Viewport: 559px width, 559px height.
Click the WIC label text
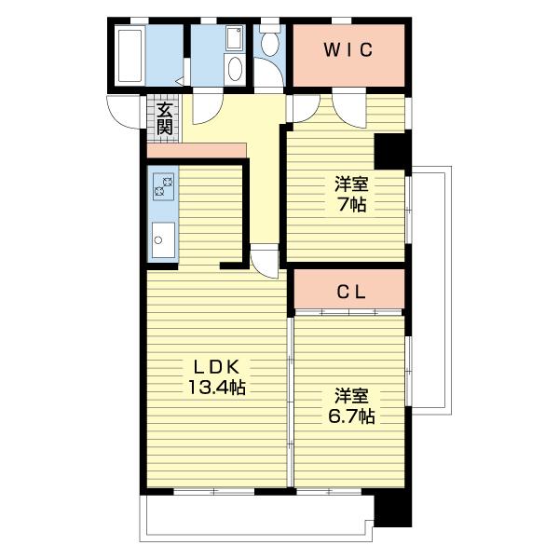(348, 50)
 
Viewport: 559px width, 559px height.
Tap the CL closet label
(351, 292)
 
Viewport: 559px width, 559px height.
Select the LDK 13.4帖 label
(216, 377)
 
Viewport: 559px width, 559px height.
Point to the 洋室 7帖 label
(351, 195)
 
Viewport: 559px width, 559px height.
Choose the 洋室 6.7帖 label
(351, 406)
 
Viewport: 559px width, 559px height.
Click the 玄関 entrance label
(165, 118)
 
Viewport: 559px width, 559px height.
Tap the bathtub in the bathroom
(130, 55)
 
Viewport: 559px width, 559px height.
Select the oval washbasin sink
(235, 70)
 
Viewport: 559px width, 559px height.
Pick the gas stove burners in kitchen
(164, 187)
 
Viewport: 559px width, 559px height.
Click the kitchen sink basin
(164, 240)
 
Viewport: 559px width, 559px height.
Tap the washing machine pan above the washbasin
(235, 38)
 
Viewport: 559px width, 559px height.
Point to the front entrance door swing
(124, 112)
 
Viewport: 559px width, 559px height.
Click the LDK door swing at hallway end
(265, 261)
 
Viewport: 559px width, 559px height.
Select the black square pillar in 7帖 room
(389, 151)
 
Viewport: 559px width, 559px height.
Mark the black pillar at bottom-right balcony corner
(393, 511)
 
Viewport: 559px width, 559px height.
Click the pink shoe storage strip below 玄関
(197, 150)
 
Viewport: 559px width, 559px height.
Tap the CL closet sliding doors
(348, 313)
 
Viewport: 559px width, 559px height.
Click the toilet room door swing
(269, 73)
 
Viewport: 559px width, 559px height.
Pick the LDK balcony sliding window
(214, 492)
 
